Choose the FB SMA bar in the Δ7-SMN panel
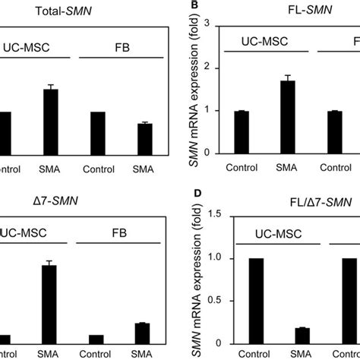click(141, 333)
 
